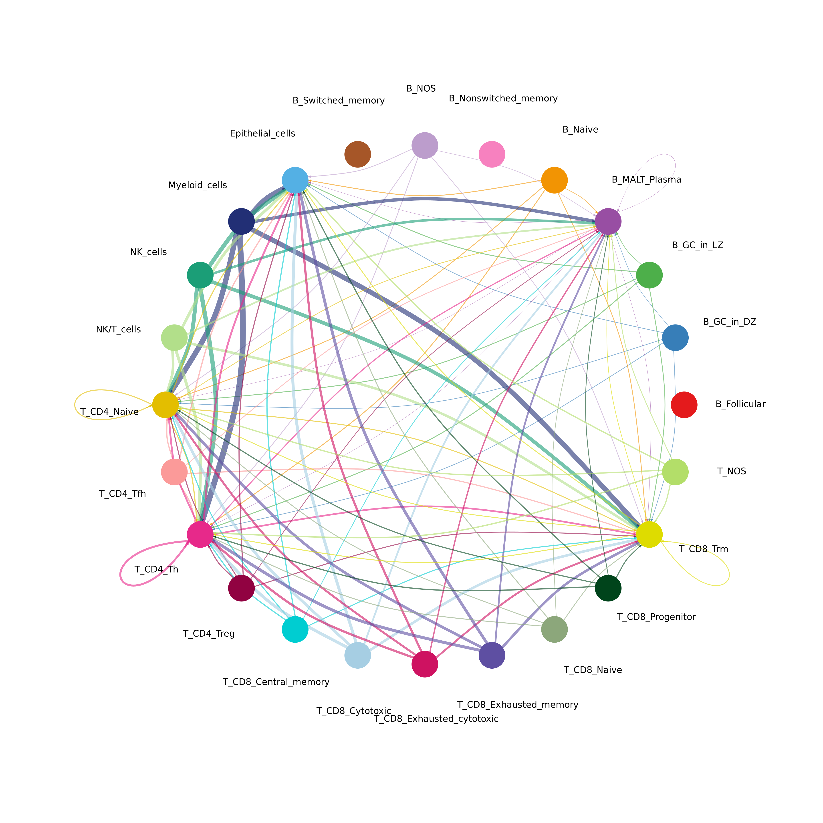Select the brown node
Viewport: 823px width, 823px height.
[357, 154]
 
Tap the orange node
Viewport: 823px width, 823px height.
[554, 180]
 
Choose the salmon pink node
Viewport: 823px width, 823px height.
[174, 472]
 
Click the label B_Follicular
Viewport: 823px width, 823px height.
[740, 404]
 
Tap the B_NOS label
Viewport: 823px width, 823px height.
[421, 89]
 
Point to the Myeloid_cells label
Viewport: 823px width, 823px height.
[198, 185]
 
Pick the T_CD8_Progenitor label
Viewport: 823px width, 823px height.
[656, 617]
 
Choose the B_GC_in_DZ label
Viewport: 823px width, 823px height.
[729, 322]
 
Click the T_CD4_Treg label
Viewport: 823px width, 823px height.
[209, 634]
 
